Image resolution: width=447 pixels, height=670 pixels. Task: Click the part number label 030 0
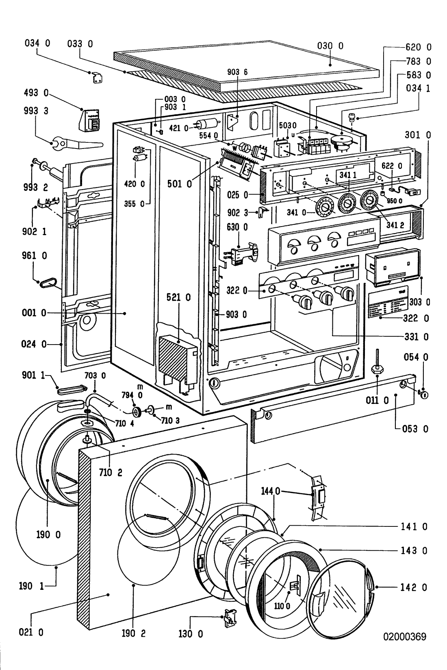point(330,46)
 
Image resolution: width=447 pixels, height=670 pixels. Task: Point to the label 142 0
point(413,587)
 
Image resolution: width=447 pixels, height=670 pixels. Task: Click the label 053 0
point(415,428)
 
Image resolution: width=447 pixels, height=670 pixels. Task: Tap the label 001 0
point(31,313)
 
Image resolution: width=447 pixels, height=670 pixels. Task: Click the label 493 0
point(36,93)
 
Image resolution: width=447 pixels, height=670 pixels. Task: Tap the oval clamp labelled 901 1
point(67,391)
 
